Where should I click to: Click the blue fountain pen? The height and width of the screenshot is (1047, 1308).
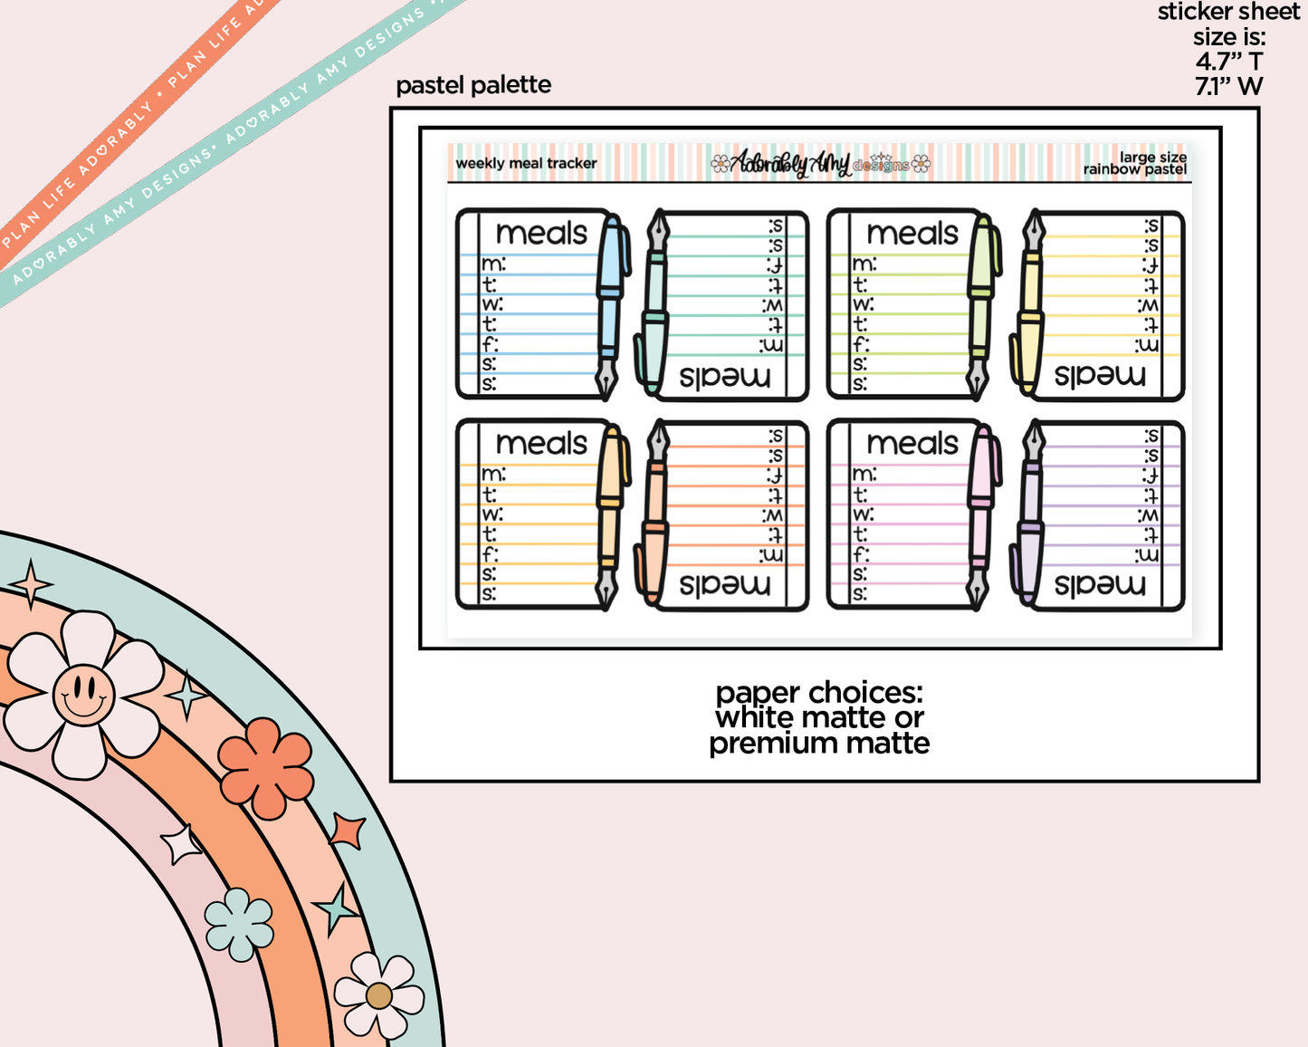(x=611, y=303)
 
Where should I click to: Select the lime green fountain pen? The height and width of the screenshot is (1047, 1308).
(x=981, y=303)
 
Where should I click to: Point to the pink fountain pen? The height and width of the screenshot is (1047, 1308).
(x=981, y=514)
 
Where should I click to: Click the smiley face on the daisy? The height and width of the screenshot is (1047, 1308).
(x=83, y=695)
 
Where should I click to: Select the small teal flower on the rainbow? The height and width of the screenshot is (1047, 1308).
(x=239, y=924)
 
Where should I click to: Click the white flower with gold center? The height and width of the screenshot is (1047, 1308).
(x=378, y=995)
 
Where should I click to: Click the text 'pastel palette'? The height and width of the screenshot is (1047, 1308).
(x=473, y=85)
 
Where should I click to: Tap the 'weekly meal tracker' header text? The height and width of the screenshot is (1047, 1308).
(x=526, y=164)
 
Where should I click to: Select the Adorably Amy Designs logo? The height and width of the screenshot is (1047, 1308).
(x=820, y=164)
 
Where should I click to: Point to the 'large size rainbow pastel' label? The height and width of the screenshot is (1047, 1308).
(x=1136, y=164)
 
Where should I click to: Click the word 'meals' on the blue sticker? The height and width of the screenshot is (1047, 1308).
(x=541, y=234)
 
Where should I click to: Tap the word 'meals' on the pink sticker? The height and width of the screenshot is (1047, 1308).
(x=912, y=444)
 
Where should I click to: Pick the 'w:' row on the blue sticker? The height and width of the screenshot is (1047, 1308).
(x=492, y=304)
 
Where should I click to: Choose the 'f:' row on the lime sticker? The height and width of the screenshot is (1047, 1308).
(x=862, y=344)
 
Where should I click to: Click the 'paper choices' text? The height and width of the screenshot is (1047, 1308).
(x=819, y=693)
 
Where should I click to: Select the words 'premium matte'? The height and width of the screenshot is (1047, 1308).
(x=819, y=744)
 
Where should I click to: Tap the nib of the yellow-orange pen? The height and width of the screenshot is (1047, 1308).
(x=606, y=589)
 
